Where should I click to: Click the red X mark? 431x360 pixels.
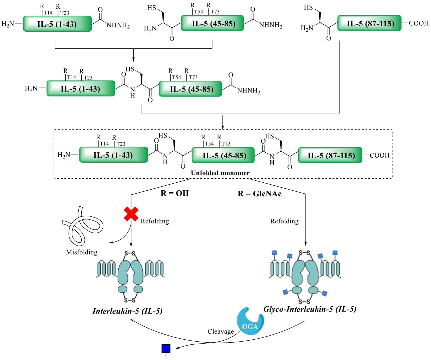[131, 214]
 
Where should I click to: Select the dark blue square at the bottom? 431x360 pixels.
[166, 349]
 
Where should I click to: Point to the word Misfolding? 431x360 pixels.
[82, 252]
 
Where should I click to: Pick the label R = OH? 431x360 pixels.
[174, 193]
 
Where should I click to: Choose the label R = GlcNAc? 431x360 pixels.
[260, 194]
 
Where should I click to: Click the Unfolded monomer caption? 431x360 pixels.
[220, 173]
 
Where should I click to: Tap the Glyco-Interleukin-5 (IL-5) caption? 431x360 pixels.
[310, 309]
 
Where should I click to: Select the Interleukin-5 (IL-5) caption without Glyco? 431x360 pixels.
[127, 311]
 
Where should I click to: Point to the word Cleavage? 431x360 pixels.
[221, 332]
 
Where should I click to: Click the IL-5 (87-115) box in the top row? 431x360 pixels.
[369, 23]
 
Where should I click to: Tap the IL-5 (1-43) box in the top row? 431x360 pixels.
[57, 24]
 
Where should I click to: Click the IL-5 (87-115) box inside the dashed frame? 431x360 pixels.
[330, 155]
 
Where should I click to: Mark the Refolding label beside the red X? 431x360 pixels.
[155, 221]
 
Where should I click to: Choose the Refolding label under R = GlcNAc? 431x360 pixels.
[284, 221]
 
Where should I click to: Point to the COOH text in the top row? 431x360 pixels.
[419, 23]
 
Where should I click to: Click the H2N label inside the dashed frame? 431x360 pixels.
[64, 155]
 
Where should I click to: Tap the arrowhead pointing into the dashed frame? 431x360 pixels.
[223, 127]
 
